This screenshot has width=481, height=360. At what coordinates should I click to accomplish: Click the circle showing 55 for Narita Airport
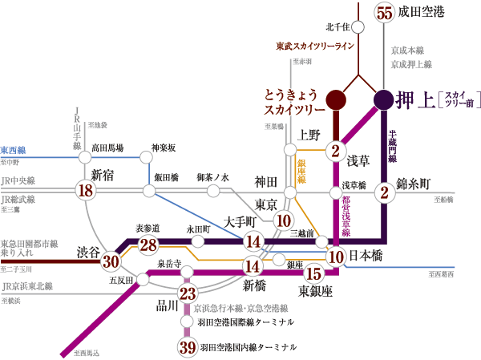384,12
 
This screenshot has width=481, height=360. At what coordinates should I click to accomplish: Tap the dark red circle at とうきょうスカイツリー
337,99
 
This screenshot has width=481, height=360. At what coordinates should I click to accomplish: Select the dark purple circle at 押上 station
384,99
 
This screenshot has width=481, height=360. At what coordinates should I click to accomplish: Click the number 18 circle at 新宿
85,190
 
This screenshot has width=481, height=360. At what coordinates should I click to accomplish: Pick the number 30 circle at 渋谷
111,261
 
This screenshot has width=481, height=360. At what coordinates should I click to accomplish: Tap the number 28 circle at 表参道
148,245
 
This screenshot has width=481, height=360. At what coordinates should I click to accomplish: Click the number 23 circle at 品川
187,293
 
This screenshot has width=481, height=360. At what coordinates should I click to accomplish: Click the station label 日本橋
371,257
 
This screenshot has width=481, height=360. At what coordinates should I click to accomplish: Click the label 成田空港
426,12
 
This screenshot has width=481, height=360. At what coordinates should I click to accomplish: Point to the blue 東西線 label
14,150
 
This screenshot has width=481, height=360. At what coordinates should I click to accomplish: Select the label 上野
309,134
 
